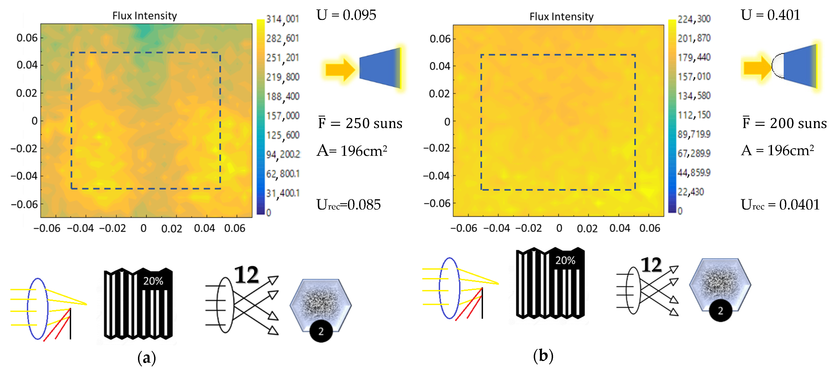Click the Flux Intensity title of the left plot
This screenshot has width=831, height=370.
pyautogui.click(x=145, y=16)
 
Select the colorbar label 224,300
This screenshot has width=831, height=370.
pyautogui.click(x=694, y=19)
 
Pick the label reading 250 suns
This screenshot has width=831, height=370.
pyautogui.click(x=374, y=123)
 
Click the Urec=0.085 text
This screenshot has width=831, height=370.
pyautogui.click(x=348, y=205)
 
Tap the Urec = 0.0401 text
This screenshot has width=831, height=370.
pyautogui.click(x=780, y=205)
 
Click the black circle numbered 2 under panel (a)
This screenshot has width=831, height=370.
pyautogui.click(x=321, y=331)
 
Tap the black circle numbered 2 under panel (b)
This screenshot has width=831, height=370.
pyautogui.click(x=720, y=311)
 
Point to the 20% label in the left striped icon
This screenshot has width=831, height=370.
pyautogui.click(x=153, y=281)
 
